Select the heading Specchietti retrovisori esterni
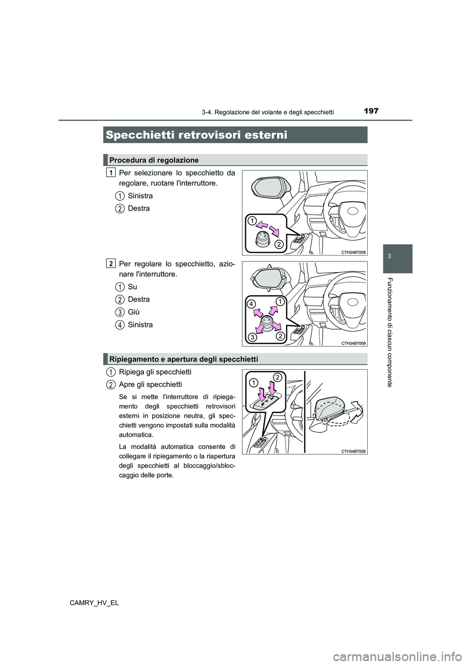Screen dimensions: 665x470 [196, 135]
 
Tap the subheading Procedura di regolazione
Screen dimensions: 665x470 [154, 160]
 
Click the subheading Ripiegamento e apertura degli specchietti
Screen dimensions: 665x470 [184, 359]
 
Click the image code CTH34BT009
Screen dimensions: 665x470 [352, 343]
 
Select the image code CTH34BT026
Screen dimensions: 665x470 [352, 451]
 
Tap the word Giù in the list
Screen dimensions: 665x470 [133, 312]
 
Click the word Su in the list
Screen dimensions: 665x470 [132, 286]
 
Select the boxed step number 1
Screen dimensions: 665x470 [111, 172]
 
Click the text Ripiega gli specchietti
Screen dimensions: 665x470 [155, 372]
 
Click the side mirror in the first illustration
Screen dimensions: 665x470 [270, 187]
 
